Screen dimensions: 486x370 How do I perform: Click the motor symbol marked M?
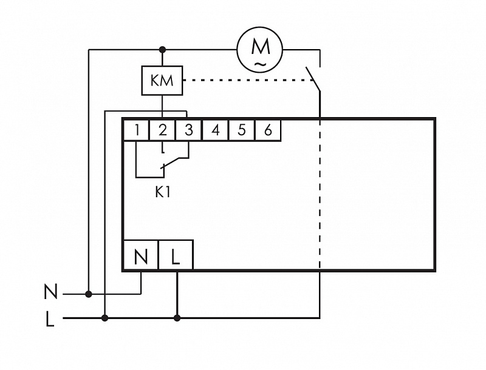point(260,50)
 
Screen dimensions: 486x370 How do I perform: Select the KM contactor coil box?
point(162,81)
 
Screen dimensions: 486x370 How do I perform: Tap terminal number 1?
point(136,130)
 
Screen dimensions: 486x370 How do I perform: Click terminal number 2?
point(162,130)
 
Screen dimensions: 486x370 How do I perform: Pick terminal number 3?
point(188,130)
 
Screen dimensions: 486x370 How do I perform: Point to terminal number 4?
point(215,130)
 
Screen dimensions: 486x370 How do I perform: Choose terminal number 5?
point(241,130)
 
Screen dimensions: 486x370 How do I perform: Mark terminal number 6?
point(268,130)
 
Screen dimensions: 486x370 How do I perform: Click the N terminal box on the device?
point(141,255)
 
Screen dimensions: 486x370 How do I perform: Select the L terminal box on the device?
point(176,255)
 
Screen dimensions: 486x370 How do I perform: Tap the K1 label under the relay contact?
point(163,192)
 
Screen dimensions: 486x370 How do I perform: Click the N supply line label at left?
point(50,292)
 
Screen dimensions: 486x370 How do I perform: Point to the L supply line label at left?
point(50,319)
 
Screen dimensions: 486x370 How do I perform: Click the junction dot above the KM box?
point(162,50)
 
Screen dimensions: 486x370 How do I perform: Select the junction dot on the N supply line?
point(88,294)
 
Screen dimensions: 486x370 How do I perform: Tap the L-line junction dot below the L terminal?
point(177,318)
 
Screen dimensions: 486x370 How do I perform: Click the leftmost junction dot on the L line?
point(104,318)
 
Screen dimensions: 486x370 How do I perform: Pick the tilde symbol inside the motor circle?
point(260,64)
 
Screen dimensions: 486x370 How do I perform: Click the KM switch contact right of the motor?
point(313,79)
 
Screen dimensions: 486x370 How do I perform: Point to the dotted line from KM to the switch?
point(248,81)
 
